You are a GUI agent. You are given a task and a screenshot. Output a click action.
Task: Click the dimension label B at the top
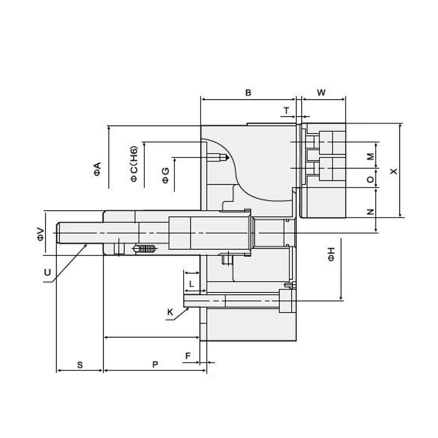[248, 93]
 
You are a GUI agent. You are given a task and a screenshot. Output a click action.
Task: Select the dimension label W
[321, 93]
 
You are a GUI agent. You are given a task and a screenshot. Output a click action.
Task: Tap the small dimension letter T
[286, 111]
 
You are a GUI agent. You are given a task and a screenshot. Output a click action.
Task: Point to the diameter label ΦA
[97, 169]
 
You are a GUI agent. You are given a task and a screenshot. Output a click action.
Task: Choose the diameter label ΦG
[165, 175]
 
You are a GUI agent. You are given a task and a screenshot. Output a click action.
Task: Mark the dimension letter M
[371, 156]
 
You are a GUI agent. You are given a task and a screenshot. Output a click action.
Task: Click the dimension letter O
[371, 179]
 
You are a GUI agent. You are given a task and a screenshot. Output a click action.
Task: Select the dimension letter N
[371, 211]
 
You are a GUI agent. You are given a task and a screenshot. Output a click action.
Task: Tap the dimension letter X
[393, 171]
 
